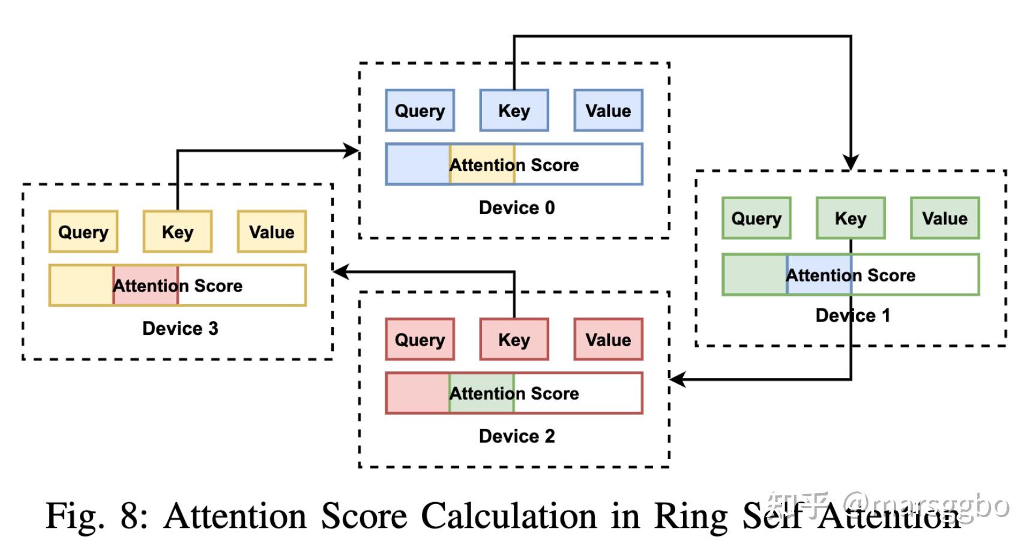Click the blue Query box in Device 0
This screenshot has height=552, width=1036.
coord(420,110)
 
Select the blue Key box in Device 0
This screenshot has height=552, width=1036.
coord(514,110)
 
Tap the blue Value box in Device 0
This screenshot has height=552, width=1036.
coord(608,110)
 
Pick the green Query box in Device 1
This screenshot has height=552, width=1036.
coord(756,218)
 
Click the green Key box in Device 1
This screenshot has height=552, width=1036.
coord(851,218)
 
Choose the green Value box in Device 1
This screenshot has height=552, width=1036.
coord(945,218)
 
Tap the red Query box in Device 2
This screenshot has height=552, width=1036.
coord(420,340)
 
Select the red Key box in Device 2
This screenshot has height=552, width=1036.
coord(514,340)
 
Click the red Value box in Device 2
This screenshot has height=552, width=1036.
coord(608,340)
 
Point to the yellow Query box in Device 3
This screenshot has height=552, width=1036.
coord(83,232)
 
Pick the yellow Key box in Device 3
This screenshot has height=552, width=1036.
coord(177,232)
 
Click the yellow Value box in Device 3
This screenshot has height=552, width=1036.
coord(271,232)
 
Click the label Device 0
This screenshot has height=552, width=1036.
coord(516,208)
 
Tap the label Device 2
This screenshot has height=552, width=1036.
coord(516,436)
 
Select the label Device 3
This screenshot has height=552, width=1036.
coord(180,328)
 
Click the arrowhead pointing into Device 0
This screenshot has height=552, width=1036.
coord(352,151)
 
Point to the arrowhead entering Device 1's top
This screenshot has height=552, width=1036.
coord(851,163)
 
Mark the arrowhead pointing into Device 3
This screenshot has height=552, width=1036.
coord(341,272)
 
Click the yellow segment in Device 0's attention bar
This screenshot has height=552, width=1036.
coord(482,164)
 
